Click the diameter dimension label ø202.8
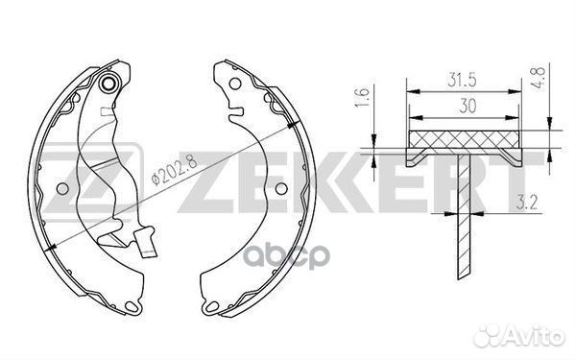point(174,170)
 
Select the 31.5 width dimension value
point(462,80)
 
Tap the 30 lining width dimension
point(468,107)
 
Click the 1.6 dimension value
point(362,98)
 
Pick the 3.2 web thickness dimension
point(526,203)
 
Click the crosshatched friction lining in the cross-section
point(464,139)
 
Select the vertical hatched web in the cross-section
point(464,216)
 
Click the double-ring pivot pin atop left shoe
point(108,84)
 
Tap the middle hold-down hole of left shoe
point(62,189)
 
